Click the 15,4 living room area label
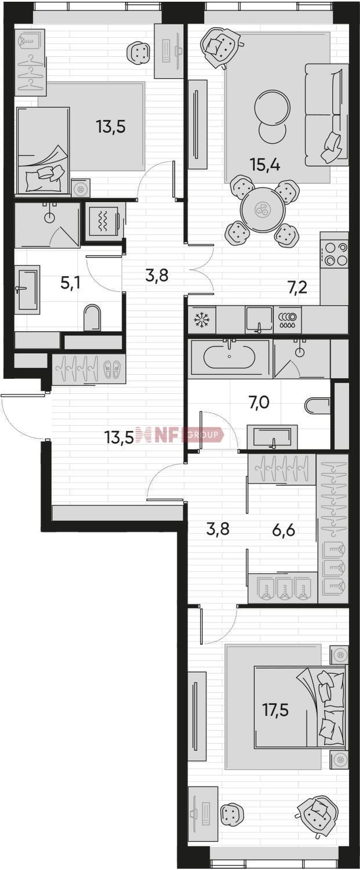266,165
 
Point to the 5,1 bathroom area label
70,283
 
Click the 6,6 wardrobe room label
283,530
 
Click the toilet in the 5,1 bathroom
92,317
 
